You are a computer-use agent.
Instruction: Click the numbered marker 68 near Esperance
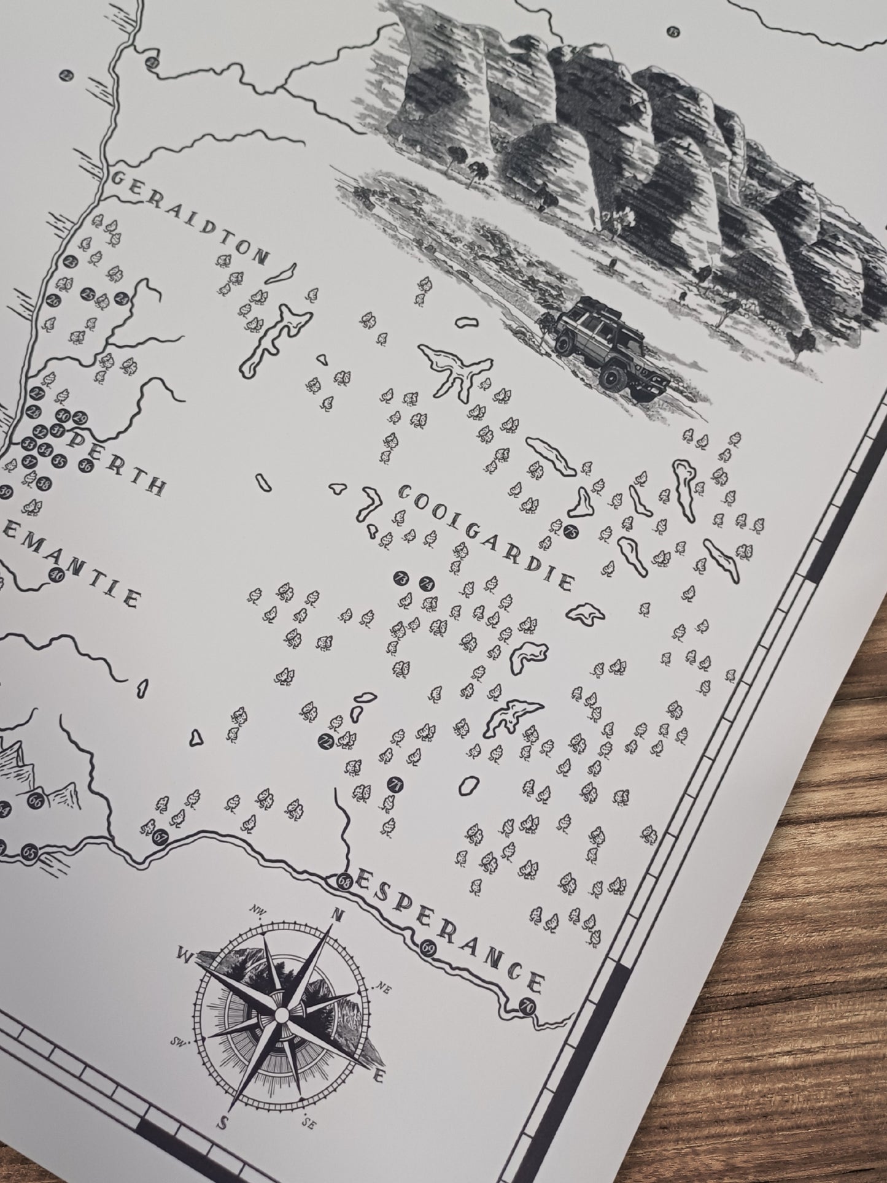pos(344,1066)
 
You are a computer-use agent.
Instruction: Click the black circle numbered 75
pos(572,530)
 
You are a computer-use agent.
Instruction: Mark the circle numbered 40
pos(56,575)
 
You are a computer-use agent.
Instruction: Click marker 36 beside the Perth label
pos(85,465)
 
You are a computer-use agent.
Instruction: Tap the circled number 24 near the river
pos(122,299)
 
